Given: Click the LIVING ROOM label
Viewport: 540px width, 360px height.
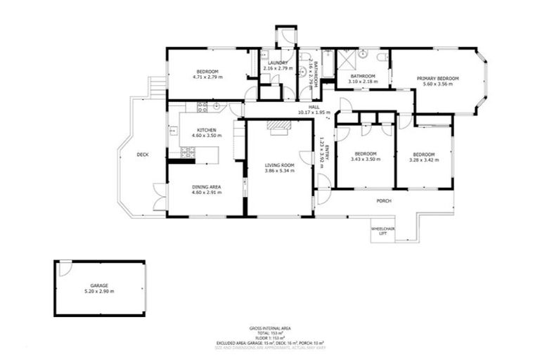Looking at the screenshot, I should click(x=278, y=165).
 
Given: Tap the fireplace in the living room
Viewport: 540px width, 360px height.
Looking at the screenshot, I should click(x=280, y=126).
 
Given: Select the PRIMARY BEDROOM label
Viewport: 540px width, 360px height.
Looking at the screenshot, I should click(x=437, y=78).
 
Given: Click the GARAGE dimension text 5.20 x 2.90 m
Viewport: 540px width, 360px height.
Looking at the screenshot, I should click(x=99, y=291).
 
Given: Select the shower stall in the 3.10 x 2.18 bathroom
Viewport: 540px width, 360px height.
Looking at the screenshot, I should click(x=347, y=60).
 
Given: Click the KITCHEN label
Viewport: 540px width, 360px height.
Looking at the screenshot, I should click(x=205, y=130).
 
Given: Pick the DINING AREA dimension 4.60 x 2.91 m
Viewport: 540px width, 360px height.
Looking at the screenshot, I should click(x=206, y=192).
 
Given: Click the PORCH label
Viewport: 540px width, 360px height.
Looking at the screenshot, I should click(x=383, y=201).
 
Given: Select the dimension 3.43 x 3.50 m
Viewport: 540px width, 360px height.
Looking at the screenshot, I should click(x=365, y=160).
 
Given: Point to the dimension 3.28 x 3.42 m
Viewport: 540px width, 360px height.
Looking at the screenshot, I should click(x=424, y=160).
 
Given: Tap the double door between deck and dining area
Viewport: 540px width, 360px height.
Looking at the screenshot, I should click(x=160, y=197).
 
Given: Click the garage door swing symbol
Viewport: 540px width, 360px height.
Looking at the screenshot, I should click(x=64, y=269).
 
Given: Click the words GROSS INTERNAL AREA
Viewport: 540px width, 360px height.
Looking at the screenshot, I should click(x=269, y=328).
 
